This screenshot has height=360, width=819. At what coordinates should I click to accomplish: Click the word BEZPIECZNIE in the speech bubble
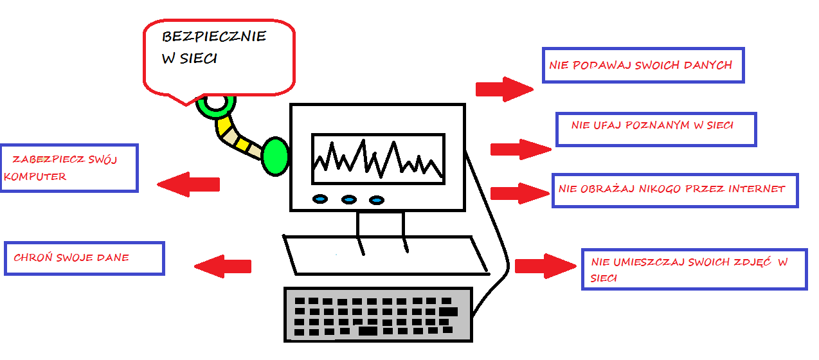213,36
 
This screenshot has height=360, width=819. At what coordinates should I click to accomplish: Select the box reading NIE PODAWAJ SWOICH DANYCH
643,65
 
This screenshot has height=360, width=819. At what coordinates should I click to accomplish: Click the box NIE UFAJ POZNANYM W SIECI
656,129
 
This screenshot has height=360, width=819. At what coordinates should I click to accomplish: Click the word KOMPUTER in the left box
35,176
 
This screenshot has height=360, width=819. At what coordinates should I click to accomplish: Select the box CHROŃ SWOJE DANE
84,258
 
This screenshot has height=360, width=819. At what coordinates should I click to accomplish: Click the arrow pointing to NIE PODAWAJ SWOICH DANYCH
505,89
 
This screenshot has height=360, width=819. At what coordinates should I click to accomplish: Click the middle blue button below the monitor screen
348,200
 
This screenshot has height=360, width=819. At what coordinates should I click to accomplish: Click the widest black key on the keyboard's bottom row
368,331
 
